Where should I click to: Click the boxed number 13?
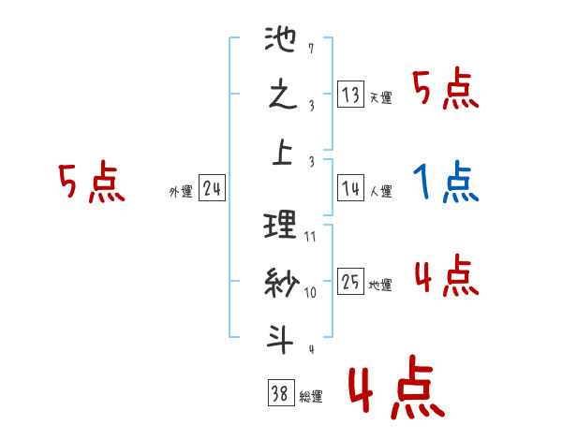click(351, 95)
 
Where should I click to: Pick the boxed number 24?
click(212, 190)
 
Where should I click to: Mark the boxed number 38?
click(280, 395)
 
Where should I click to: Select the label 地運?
click(380, 286)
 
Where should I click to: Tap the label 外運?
click(181, 193)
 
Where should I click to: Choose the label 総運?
click(311, 397)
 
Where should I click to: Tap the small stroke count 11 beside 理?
click(310, 236)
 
